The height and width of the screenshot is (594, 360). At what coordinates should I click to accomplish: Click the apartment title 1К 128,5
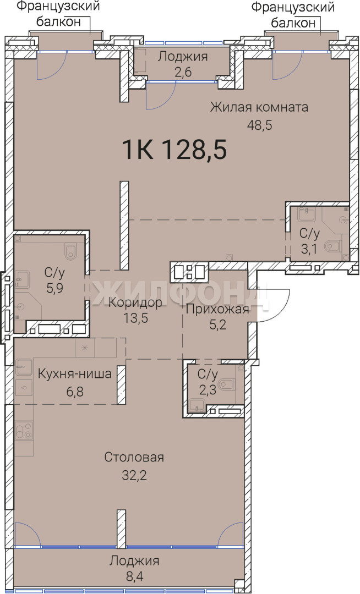tap(174, 150)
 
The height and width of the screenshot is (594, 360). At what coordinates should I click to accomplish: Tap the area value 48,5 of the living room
tap(260, 125)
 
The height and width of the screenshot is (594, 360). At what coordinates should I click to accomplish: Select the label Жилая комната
tap(259, 107)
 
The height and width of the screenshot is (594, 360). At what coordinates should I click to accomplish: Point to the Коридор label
tap(135, 302)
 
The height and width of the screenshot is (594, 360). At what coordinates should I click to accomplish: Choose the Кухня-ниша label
tap(75, 374)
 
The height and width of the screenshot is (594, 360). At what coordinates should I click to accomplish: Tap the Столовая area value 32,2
tap(134, 475)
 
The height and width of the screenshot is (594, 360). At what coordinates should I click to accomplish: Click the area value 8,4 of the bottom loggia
tap(134, 578)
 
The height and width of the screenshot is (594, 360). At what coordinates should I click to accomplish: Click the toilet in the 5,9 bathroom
tap(70, 251)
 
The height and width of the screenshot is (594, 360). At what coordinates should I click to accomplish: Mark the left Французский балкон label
tap(59, 14)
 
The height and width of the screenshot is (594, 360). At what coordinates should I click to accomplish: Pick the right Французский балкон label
tap(293, 15)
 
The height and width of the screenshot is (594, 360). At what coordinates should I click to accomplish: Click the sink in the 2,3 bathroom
tap(197, 405)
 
